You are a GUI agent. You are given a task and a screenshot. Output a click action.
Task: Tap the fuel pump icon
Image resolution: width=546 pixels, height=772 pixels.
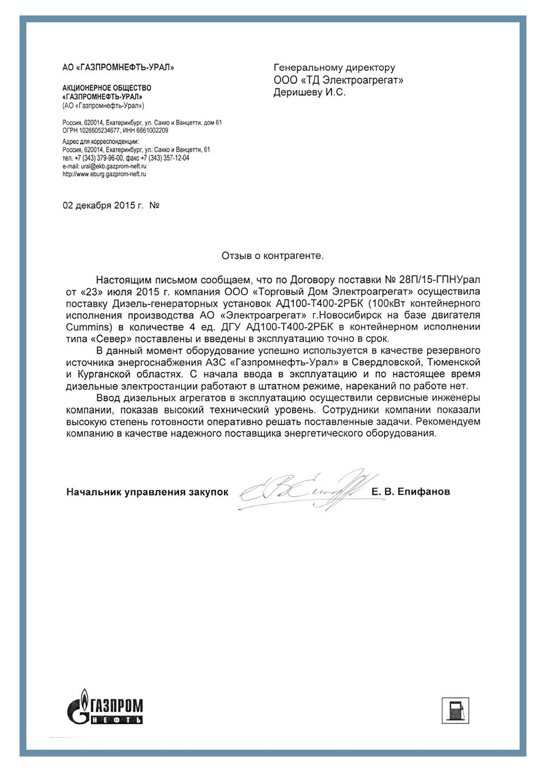click(455, 710)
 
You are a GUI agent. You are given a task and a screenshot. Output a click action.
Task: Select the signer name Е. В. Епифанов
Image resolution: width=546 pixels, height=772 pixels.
click(410, 492)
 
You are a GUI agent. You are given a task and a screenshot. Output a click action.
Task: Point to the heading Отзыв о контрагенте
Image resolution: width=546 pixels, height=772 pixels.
click(273, 256)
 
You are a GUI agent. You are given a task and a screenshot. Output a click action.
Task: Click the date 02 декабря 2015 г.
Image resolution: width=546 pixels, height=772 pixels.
click(103, 206)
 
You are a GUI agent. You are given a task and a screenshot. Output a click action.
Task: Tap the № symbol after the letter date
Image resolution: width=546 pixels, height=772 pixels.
click(154, 206)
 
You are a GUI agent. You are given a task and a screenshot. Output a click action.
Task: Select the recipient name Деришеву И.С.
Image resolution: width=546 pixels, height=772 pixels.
click(309, 92)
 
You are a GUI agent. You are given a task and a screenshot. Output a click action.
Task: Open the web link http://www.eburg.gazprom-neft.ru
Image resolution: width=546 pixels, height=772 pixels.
click(104, 174)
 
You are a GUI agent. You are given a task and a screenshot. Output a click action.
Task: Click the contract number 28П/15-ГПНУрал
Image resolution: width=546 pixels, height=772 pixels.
click(439, 280)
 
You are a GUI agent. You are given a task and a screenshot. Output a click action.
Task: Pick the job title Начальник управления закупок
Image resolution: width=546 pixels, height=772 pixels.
click(147, 492)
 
